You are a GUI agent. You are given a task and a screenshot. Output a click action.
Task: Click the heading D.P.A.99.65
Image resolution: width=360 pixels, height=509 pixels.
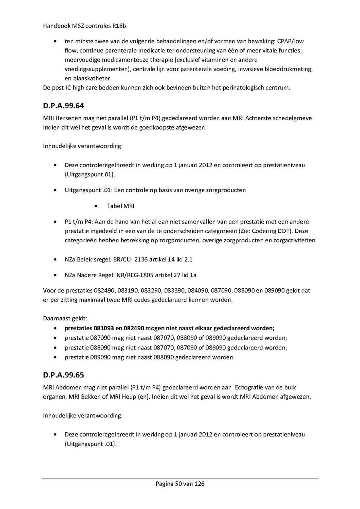[x=64, y=375]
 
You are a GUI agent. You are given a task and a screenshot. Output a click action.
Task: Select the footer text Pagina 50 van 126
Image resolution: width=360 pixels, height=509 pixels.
[x=180, y=484]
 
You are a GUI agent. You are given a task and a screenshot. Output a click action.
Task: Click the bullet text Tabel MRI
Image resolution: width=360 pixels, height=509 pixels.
[x=121, y=206]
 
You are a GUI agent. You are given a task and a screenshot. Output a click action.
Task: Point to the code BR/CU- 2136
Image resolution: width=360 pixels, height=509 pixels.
[x=132, y=259]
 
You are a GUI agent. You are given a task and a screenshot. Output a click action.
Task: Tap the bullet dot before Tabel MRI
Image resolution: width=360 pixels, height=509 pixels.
[x=97, y=206]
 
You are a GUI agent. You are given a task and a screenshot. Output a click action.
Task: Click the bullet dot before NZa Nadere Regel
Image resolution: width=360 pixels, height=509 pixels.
[x=55, y=275]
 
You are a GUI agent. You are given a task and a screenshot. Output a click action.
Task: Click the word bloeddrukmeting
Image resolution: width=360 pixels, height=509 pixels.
[x=288, y=69]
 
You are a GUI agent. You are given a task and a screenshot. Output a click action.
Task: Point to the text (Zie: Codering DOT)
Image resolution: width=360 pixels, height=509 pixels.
[x=259, y=231]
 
